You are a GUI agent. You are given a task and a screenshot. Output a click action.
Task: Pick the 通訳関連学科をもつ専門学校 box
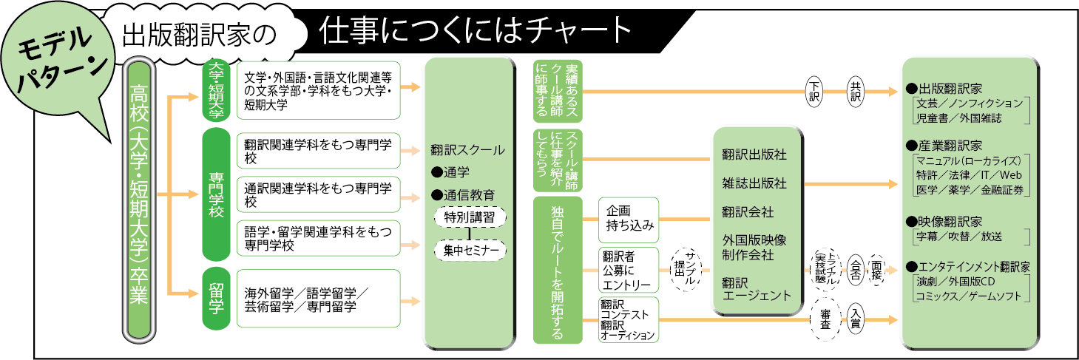[317, 194]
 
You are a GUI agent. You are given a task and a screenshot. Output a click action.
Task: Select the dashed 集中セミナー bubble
[470, 250]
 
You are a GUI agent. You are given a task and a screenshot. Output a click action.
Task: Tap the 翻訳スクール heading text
[467, 150]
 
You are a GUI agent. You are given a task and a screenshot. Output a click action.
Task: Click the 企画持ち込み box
[628, 220]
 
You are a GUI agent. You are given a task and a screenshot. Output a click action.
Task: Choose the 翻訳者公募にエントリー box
[628, 270]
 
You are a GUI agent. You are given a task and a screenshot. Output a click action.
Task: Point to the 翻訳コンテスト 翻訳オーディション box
[628, 320]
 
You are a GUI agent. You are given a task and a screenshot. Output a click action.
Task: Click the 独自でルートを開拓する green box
[558, 270]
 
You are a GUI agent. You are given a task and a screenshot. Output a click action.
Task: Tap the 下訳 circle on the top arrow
[814, 93]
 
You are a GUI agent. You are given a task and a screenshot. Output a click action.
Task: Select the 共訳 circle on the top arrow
[856, 93]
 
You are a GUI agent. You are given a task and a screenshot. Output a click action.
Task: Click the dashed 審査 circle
[825, 319]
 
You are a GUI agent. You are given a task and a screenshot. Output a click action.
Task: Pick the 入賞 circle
[856, 319]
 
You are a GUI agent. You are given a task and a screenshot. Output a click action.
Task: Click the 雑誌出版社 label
[754, 183]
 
